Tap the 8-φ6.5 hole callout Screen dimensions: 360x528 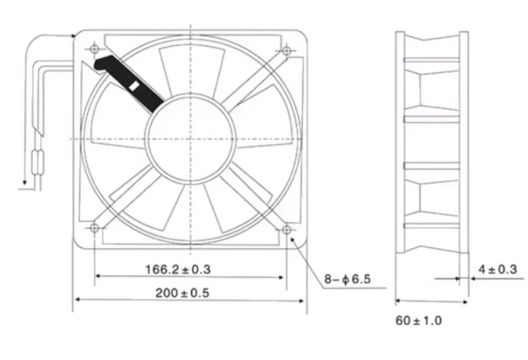click(x=347, y=279)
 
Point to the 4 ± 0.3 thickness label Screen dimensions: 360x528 click(x=497, y=269)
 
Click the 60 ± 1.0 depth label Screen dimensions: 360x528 click(x=419, y=321)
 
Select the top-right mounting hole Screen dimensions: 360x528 click(x=287, y=50)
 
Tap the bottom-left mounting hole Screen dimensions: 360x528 click(x=94, y=229)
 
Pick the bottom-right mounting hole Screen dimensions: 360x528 click(x=287, y=230)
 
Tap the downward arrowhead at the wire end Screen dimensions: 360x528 click(x=24, y=183)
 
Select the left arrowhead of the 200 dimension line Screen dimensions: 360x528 click(x=77, y=300)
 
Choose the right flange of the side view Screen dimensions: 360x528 click(x=464, y=141)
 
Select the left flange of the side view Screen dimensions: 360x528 click(x=399, y=141)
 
